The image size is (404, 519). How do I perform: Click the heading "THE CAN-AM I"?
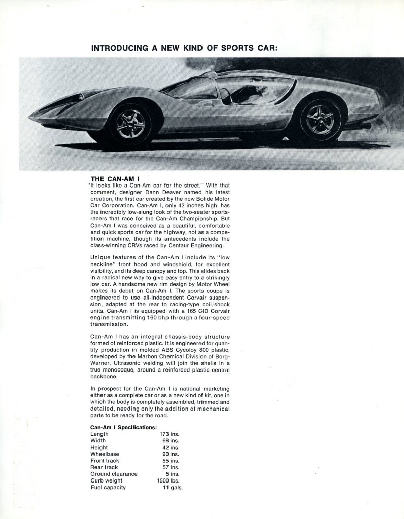(x=115, y=178)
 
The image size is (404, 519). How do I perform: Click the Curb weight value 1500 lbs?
(x=169, y=480)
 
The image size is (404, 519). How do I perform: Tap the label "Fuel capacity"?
(x=108, y=487)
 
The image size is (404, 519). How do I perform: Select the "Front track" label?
(x=106, y=461)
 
